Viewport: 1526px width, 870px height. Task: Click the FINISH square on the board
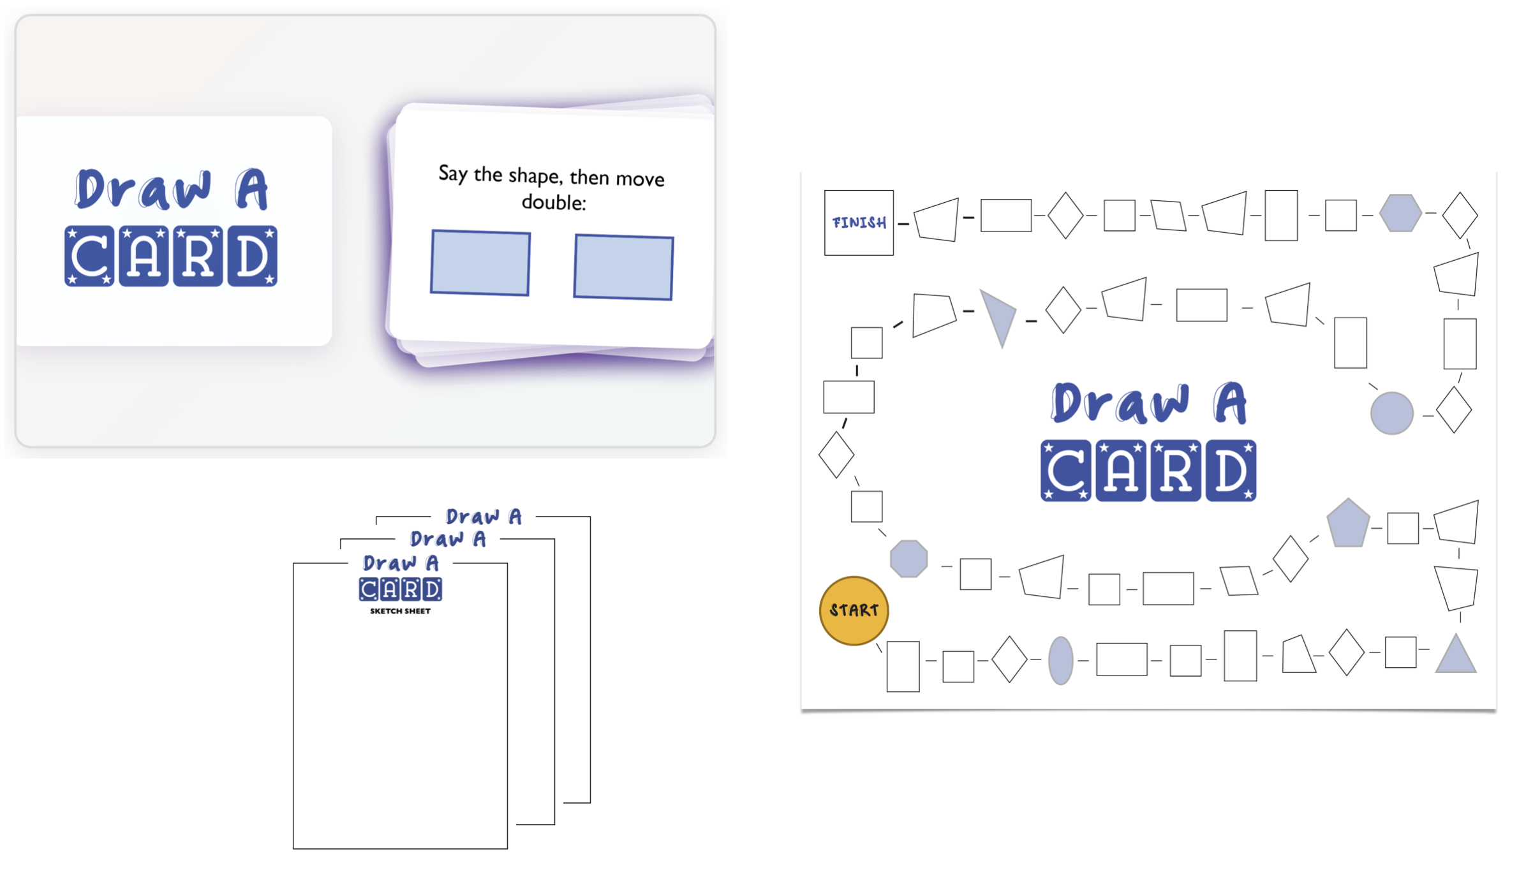(859, 223)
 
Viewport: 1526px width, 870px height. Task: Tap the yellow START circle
(854, 610)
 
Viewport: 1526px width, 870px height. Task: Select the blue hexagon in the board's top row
(1400, 212)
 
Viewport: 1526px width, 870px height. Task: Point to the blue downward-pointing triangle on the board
(1000, 317)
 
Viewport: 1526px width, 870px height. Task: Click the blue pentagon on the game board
(1348, 524)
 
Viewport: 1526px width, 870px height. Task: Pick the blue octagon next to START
(908, 559)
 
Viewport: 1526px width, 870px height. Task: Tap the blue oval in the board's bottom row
(1060, 660)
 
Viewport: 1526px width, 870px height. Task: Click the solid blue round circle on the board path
(1391, 413)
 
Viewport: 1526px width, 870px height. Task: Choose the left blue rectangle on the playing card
(480, 263)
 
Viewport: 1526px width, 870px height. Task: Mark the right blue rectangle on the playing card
(623, 267)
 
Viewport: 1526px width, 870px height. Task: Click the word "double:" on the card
(553, 203)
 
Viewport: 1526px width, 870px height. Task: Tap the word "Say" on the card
(452, 173)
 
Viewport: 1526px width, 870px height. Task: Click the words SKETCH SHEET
(400, 611)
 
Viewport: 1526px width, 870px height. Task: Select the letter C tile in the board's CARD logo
(1065, 471)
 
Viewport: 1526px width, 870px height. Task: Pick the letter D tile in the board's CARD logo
(1231, 471)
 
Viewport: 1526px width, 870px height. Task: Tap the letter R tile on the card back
(198, 256)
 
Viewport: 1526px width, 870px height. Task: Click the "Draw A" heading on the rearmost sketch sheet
(484, 516)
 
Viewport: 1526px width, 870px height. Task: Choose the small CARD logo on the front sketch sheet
(400, 589)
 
